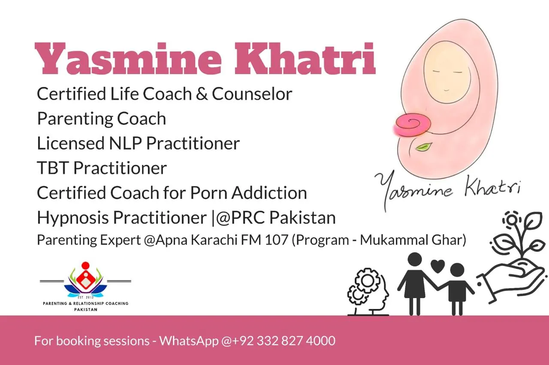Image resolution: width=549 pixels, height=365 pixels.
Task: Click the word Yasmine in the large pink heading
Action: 128,59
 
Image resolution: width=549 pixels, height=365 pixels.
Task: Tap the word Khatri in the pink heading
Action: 305,59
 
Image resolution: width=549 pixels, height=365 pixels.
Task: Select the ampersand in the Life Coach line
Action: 202,94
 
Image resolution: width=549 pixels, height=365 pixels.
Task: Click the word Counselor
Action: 252,94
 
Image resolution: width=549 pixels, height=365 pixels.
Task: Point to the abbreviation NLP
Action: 125,144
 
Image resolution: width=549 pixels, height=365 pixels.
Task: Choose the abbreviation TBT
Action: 53,168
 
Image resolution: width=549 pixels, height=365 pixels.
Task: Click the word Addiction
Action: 269,193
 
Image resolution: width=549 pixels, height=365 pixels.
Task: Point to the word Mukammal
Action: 394,240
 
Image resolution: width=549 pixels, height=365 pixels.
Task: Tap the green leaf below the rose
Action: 424,147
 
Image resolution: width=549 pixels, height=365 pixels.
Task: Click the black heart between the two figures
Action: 437,266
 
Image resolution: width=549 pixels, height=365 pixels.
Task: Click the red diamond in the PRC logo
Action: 85,279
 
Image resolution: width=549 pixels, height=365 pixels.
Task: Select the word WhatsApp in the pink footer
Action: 189,341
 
